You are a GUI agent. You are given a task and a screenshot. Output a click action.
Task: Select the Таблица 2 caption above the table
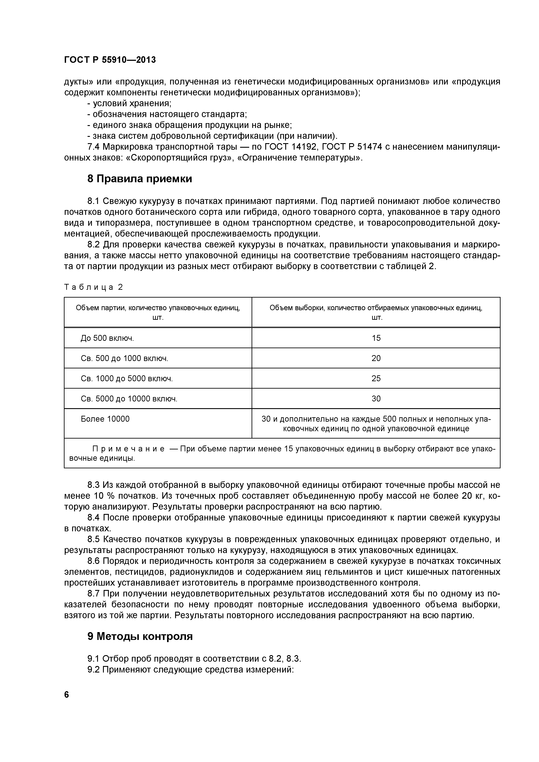click(x=93, y=287)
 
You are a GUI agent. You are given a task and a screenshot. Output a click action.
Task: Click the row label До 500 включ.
click(x=107, y=338)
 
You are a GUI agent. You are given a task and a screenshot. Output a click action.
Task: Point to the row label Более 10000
click(x=105, y=419)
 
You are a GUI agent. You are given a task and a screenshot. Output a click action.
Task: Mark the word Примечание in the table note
click(x=128, y=449)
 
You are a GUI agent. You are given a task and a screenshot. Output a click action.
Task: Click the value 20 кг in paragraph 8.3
click(x=473, y=496)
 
